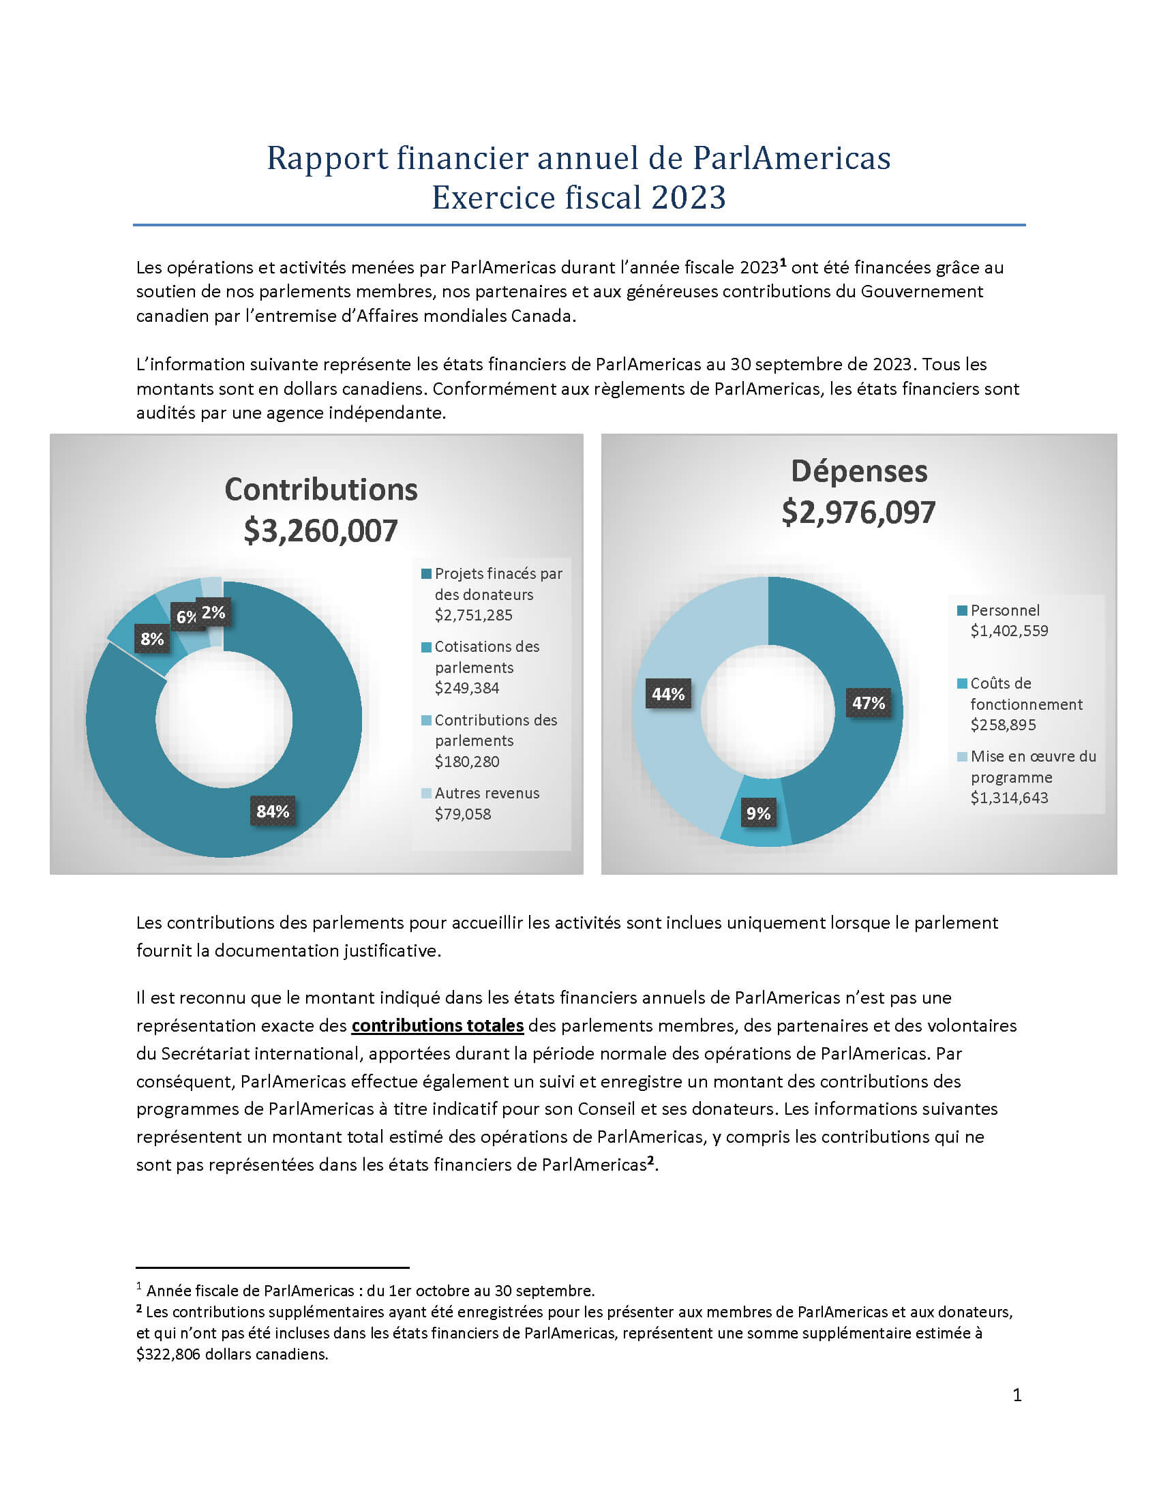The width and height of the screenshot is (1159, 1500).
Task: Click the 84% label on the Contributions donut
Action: click(x=273, y=811)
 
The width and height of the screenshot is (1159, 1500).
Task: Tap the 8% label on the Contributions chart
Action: click(x=152, y=639)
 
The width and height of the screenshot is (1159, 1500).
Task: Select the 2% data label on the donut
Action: click(x=213, y=612)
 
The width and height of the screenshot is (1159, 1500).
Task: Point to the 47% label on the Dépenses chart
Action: click(x=869, y=702)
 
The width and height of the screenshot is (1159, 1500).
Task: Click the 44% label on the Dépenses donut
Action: click(x=668, y=694)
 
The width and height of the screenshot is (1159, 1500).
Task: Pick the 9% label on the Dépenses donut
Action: click(x=758, y=813)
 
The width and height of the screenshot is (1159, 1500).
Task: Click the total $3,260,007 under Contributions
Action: click(x=320, y=531)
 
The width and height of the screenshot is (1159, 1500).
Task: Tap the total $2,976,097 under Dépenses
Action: click(x=858, y=512)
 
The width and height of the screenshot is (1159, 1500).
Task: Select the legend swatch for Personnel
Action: click(x=962, y=610)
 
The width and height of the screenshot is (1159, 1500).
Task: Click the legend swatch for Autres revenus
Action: click(x=426, y=793)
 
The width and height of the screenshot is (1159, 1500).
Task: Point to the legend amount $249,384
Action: click(x=467, y=688)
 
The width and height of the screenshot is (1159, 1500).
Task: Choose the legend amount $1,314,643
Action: click(x=1009, y=798)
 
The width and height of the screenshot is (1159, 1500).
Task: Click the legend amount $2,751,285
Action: click(x=474, y=616)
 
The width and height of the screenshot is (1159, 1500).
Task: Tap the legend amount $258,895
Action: click(x=1003, y=725)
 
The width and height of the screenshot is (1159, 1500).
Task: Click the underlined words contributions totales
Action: click(x=438, y=1026)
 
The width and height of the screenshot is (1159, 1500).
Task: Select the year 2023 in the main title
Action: click(x=689, y=198)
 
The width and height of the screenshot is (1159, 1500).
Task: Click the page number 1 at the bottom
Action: click(x=1017, y=1395)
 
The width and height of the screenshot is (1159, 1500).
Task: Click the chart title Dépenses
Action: click(x=859, y=472)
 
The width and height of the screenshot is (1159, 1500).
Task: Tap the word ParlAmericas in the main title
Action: click(x=791, y=158)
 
